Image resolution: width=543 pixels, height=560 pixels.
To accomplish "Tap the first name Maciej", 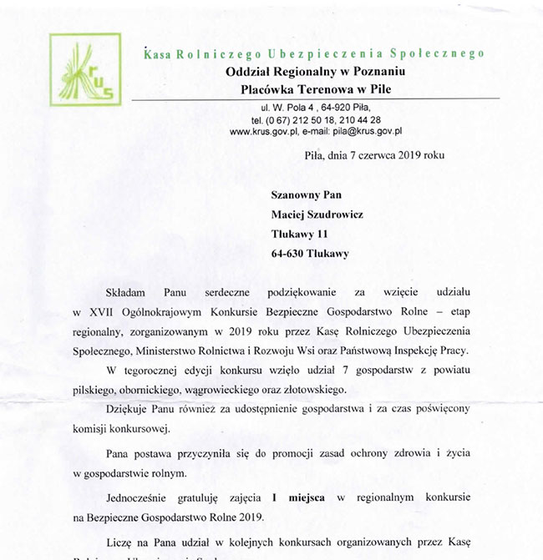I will pos(289,213).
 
